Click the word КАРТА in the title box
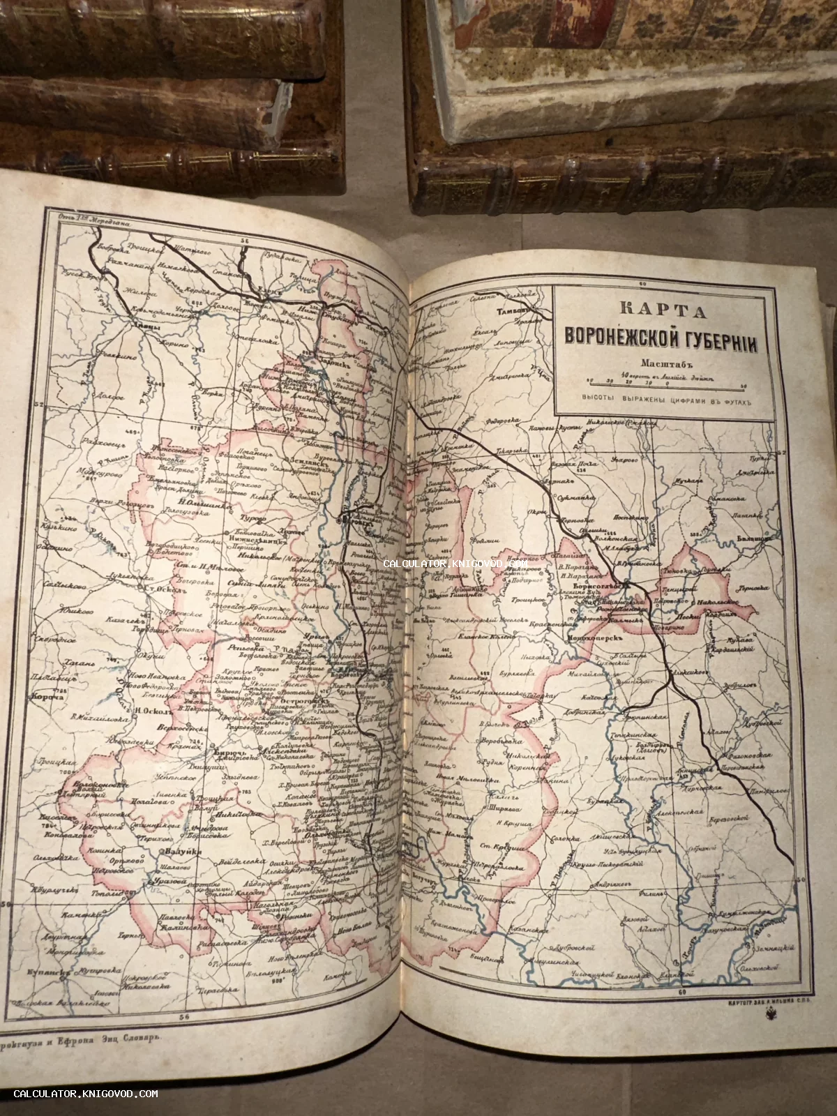coord(663,310)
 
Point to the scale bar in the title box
coord(667,383)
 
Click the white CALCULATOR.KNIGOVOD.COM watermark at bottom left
coord(85,1094)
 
